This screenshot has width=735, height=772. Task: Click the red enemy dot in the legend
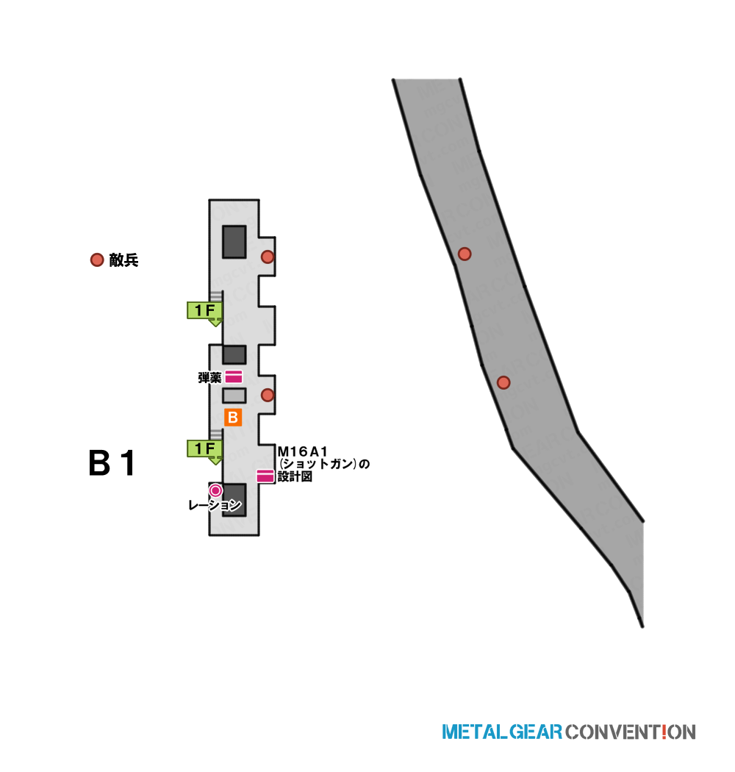[x=97, y=260]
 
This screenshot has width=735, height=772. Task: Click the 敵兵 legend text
[x=123, y=260]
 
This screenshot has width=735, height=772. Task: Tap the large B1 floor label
[x=112, y=463]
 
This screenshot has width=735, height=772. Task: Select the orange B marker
[x=233, y=418]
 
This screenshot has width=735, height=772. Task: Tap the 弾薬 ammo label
[x=209, y=378]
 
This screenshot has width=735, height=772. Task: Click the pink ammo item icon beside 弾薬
[x=233, y=377]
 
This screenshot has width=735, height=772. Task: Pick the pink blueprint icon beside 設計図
[x=265, y=476]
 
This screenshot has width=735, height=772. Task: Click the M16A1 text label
[x=302, y=451]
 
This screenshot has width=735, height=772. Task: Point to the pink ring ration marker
[x=215, y=490]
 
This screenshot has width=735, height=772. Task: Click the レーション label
[x=215, y=505]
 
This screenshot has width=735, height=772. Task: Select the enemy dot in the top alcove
[x=268, y=257]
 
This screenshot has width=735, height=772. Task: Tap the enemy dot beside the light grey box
[x=268, y=395]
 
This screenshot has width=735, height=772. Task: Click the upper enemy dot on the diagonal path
[x=465, y=254]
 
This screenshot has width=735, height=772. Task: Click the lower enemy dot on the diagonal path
[x=503, y=382]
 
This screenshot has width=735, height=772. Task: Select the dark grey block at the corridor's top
[x=234, y=242]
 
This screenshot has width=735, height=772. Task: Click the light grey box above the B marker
[x=234, y=396]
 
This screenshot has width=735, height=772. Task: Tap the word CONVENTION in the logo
[x=630, y=732]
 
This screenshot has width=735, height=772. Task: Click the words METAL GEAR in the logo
[x=502, y=732]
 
